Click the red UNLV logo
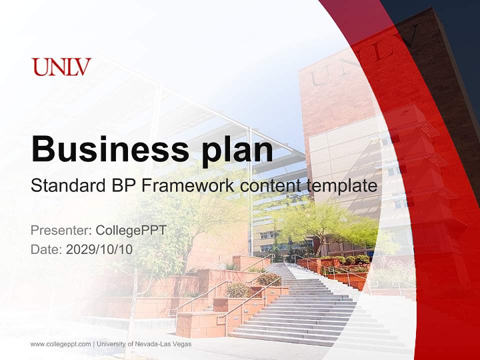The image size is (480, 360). (61, 67)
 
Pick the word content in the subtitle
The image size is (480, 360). (271, 186)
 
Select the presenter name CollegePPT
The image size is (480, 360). (130, 230)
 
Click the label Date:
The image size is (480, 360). (46, 249)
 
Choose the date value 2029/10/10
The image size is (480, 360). (99, 249)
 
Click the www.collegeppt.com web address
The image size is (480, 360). (60, 344)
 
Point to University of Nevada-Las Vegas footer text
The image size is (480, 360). (144, 344)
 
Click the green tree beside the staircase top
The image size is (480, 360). (325, 225)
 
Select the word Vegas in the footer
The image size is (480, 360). (182, 344)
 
